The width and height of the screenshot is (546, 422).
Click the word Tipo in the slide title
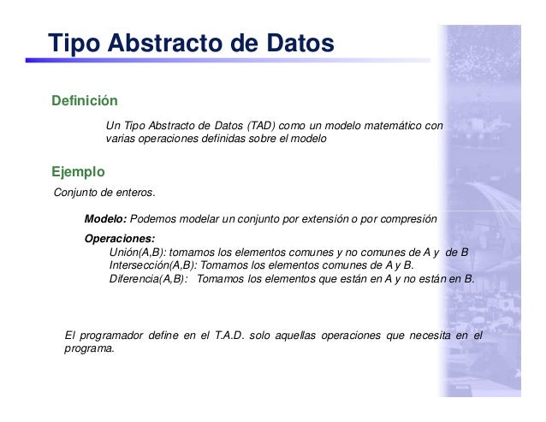pos(74,42)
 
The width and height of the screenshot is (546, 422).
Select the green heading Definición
pos(84,101)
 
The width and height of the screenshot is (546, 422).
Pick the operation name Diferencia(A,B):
pos(148,278)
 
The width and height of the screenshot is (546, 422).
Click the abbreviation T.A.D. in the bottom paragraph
pos(229,334)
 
